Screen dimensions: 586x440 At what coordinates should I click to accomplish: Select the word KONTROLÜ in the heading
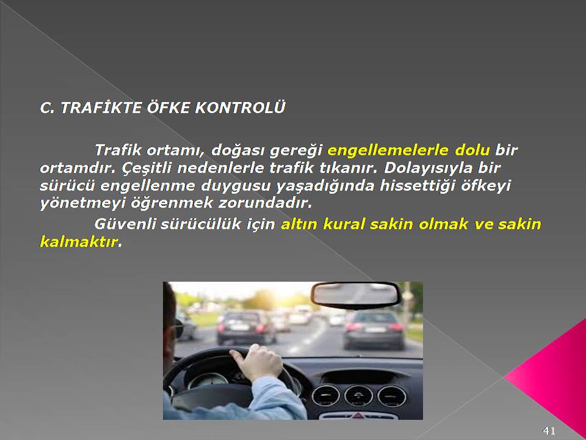[241, 107]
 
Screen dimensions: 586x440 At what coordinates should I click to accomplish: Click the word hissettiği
[418, 186]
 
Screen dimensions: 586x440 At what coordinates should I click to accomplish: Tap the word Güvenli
[125, 224]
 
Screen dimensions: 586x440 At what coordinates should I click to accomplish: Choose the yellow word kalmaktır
[79, 242]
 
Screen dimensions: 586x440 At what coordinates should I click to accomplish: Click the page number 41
[549, 430]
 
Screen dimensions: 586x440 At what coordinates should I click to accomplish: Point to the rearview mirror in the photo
[355, 295]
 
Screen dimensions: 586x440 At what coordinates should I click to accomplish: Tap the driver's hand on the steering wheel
[258, 362]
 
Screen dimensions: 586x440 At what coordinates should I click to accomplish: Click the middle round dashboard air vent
[358, 396]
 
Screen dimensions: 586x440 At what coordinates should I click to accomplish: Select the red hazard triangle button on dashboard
[358, 416]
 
